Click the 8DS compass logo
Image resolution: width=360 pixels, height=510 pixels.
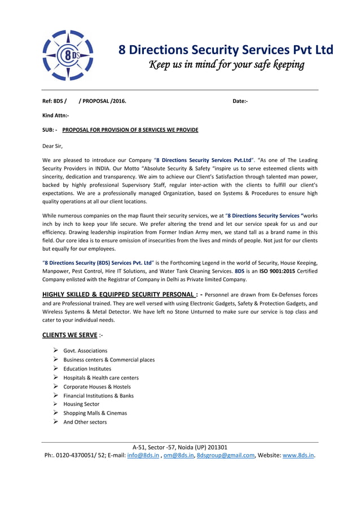point(68,55)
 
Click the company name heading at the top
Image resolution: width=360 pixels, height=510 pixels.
point(226,50)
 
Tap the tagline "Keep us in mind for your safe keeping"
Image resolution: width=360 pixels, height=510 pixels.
point(226,65)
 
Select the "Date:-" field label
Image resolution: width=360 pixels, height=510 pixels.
point(240,101)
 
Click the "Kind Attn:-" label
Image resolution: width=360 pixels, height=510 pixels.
point(55,115)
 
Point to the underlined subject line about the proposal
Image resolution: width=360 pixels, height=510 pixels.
point(130,130)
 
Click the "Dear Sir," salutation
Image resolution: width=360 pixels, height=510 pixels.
point(53,146)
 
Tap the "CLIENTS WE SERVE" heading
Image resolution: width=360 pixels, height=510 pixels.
point(69,335)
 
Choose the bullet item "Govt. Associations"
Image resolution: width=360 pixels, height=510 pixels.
point(85,351)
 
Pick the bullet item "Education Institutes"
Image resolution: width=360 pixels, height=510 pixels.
point(87,369)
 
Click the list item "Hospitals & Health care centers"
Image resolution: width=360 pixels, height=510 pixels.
point(101,378)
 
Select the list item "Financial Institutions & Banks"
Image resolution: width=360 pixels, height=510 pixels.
point(99,396)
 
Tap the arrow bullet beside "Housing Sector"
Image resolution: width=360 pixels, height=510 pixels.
point(56,404)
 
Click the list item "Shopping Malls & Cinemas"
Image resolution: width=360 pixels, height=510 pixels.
point(95,413)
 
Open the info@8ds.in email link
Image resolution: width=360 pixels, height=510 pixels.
point(143,455)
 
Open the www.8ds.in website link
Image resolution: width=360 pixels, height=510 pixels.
point(298,455)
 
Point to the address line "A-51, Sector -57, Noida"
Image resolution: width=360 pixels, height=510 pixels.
point(180,447)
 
